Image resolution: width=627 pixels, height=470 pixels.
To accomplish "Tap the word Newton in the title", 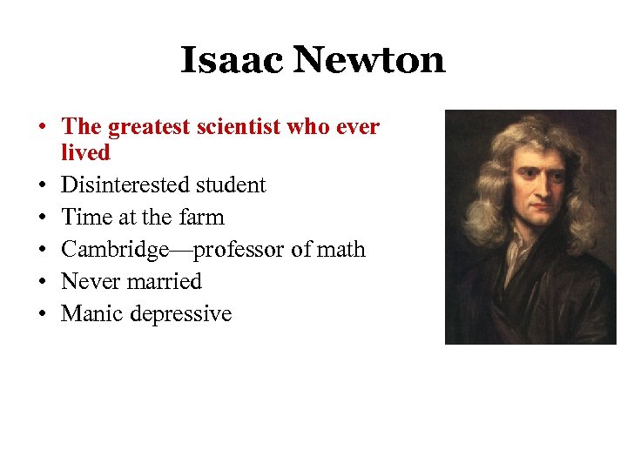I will pos(369,60).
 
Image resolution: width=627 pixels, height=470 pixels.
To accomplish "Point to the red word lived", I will pos(85,153).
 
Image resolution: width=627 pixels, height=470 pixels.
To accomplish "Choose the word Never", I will pos(90,282).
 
